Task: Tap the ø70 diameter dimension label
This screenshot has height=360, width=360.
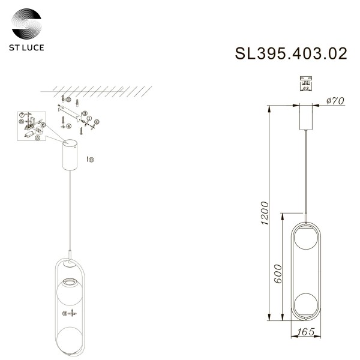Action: [x=334, y=101]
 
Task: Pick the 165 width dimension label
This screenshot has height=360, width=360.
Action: [x=307, y=331]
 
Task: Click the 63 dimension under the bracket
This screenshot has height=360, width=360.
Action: [x=306, y=88]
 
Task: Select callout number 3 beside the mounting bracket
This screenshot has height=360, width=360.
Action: [x=85, y=113]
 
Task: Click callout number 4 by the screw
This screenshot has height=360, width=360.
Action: [x=69, y=127]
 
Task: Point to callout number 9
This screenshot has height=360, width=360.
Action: [x=91, y=160]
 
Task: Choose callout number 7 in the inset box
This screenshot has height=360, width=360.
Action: [x=22, y=113]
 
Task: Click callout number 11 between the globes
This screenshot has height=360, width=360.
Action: [x=64, y=313]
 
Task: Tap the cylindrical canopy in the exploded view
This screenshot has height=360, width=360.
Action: [x=71, y=155]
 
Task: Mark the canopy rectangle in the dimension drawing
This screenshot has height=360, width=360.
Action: [x=306, y=117]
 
